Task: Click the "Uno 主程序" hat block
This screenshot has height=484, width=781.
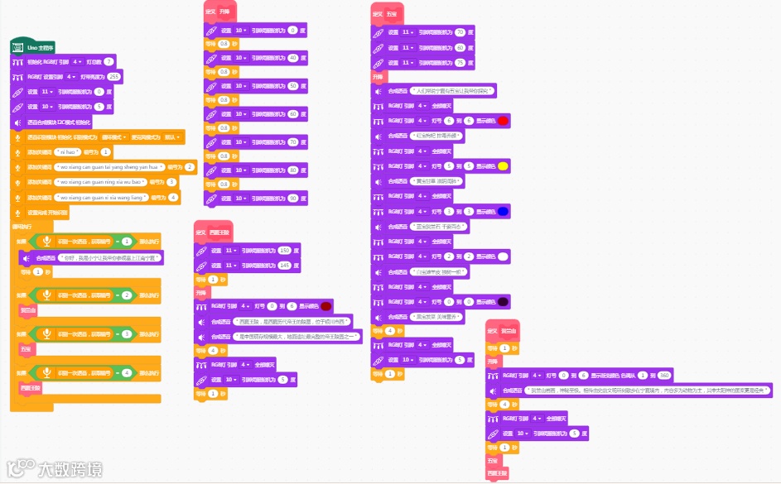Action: (32, 47)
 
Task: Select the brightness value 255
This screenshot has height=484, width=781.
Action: (114, 76)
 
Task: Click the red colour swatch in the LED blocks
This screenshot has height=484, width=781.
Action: (503, 121)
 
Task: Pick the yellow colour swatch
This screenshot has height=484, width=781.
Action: (503, 166)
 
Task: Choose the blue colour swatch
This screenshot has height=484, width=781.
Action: (503, 212)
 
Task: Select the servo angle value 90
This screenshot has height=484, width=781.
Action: (292, 199)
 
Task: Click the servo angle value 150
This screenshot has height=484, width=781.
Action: (285, 250)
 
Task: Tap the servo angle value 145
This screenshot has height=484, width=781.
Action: (285, 265)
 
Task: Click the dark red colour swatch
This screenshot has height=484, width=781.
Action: (325, 306)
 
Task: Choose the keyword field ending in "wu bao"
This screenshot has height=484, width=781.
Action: (99, 182)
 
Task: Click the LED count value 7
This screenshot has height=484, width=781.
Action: (108, 61)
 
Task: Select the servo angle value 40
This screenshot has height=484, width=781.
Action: (292, 58)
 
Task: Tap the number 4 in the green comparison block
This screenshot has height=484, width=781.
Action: (127, 373)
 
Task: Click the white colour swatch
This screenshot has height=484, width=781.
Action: (503, 257)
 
